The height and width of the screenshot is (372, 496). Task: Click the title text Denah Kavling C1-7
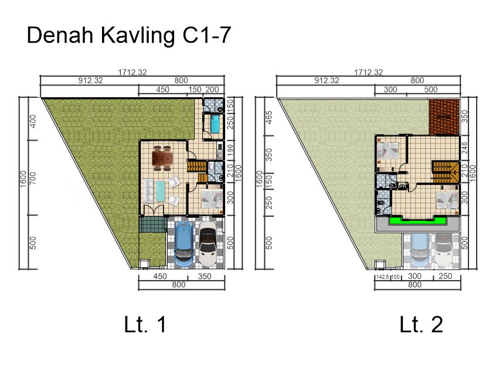tap(129, 35)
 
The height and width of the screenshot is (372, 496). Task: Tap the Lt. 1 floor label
tap(145, 325)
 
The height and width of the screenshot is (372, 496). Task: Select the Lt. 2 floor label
tap(422, 325)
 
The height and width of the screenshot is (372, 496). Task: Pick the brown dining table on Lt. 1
tap(162, 158)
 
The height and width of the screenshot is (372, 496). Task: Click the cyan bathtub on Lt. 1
tap(215, 124)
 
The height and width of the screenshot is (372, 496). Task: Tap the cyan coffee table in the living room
tap(161, 190)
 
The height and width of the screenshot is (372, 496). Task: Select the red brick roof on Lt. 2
tap(444, 117)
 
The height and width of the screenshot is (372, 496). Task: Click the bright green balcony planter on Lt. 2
tap(417, 221)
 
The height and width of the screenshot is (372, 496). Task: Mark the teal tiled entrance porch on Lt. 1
tap(153, 224)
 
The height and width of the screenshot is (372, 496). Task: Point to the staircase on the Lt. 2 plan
tap(446, 172)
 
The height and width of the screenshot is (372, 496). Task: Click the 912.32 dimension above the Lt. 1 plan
tap(90, 81)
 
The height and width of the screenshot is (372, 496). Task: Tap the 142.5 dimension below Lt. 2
tap(382, 277)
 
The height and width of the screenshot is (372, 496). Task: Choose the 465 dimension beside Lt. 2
tap(269, 117)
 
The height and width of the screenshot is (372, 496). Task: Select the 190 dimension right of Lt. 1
tap(230, 150)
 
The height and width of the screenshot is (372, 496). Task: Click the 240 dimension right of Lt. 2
tap(464, 148)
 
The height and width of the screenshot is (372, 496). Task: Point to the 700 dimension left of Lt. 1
tap(33, 178)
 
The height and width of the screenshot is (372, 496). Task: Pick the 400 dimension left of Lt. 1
tap(33, 121)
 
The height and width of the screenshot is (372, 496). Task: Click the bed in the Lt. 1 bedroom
tap(212, 199)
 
